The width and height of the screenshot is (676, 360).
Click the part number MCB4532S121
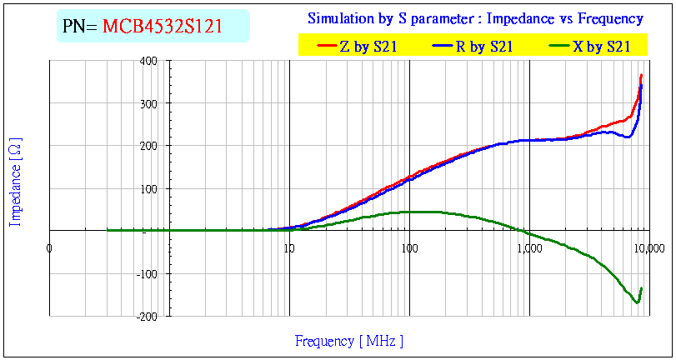pos(163,26)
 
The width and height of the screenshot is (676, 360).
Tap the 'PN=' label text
pos(81,26)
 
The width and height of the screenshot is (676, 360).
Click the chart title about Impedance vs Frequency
pos(475,18)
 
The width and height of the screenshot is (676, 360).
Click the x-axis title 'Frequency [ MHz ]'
pos(349,341)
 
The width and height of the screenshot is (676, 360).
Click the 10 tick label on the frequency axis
pos(288,247)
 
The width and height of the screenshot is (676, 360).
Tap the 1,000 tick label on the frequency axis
pos(529,247)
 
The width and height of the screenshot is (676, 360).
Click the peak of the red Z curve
pos(641,75)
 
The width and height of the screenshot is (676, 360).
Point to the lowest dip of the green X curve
pos(637,302)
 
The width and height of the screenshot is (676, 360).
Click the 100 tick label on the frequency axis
pos(408,247)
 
